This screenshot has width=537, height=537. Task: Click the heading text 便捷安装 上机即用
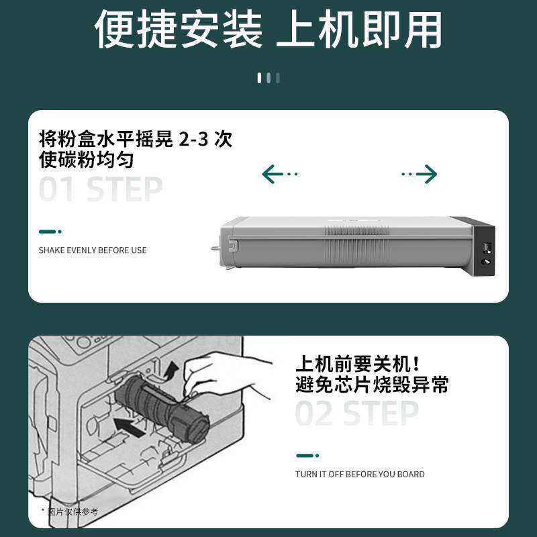(x=268, y=30)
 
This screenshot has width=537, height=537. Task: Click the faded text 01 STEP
(x=101, y=190)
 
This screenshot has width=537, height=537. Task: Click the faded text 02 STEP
(x=356, y=413)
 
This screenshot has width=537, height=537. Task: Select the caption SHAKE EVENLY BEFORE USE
(x=93, y=250)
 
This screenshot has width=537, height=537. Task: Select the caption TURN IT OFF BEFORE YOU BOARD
(x=360, y=474)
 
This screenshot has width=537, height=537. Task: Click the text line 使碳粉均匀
(x=86, y=160)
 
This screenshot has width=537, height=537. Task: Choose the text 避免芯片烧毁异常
(x=372, y=385)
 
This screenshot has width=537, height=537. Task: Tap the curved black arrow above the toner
(x=171, y=369)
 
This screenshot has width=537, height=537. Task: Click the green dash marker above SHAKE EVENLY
(x=50, y=232)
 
